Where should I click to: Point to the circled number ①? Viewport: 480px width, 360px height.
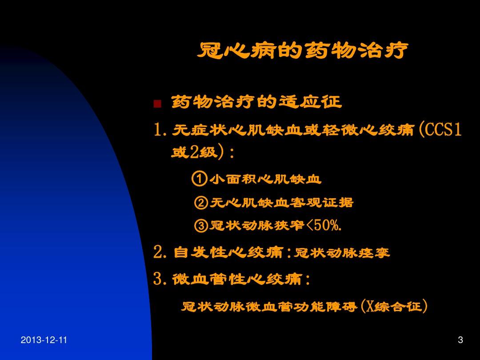[x=199, y=179]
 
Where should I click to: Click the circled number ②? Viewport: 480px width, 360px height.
[x=201, y=203]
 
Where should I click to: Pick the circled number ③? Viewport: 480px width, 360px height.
[x=201, y=226]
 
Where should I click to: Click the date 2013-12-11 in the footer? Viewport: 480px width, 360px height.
[x=44, y=340]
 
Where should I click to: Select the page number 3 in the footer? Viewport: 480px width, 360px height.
[x=460, y=340]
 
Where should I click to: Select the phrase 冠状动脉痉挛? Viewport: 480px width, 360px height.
[x=342, y=253]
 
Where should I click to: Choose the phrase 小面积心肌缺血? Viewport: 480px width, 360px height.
[x=265, y=179]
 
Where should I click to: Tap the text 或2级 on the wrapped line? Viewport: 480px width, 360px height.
[x=194, y=152]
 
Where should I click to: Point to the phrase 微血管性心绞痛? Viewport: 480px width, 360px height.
[x=236, y=280]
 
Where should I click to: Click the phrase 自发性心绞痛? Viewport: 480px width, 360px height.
[x=229, y=253]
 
